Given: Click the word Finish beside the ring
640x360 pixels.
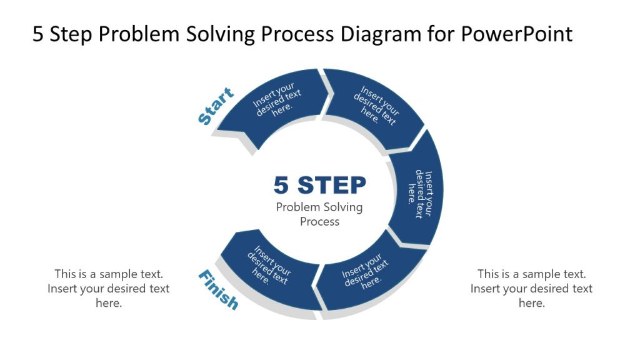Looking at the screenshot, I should tap(218, 289).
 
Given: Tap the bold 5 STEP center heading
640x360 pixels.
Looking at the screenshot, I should tap(319, 186).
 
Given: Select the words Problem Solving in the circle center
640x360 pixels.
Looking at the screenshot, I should tap(319, 207).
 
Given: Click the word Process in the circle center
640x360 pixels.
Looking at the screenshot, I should tap(319, 221).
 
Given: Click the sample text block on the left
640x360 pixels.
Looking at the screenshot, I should tap(108, 288).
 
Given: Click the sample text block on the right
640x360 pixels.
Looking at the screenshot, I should tap(531, 288).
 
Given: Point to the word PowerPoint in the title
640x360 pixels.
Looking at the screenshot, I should tap(516, 34).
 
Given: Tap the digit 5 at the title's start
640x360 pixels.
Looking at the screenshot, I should tap(38, 34).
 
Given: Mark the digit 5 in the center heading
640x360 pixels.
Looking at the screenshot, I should tap(282, 186).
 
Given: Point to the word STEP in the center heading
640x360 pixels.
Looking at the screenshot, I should tap(332, 186).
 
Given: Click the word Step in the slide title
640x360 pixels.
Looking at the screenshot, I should tap(72, 34).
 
